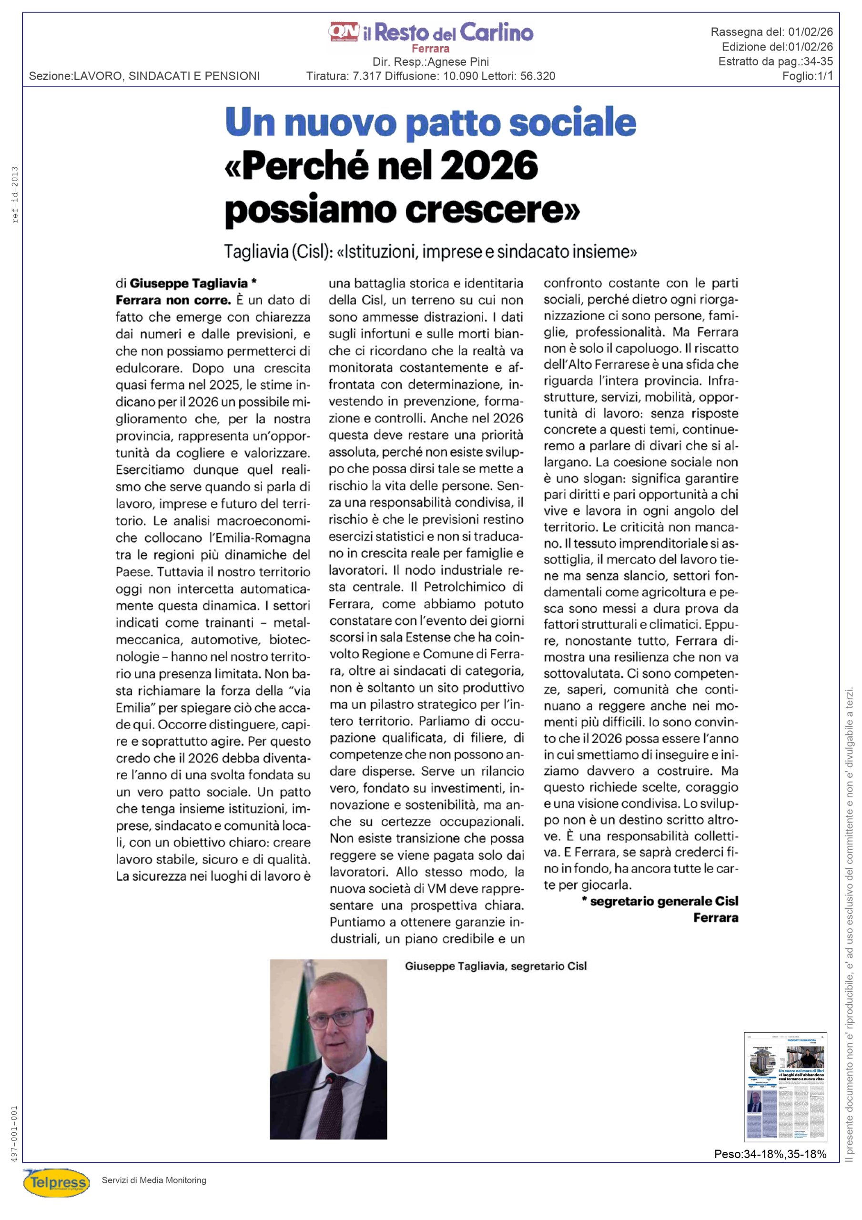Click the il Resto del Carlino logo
tap(431, 33)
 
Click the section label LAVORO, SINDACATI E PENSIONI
tap(166, 76)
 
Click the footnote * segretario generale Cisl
tap(660, 901)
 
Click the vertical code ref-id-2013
tap(15, 194)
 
